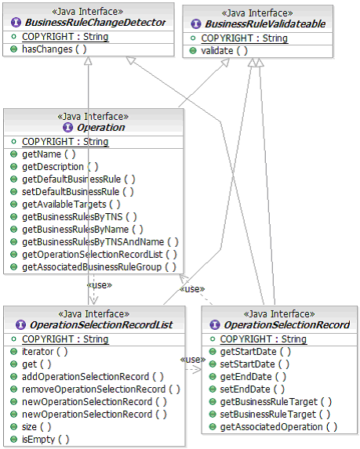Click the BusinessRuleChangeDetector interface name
(x=95, y=23)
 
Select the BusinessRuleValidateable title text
(x=265, y=24)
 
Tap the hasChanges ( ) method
(x=54, y=49)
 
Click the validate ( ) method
(x=224, y=51)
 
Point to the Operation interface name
(x=100, y=128)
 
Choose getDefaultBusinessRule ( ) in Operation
(x=78, y=179)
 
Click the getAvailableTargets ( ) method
(x=71, y=205)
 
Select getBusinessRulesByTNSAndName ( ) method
(x=100, y=242)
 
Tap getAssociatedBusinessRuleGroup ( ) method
(x=99, y=267)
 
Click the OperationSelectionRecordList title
(x=101, y=325)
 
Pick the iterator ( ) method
(x=45, y=352)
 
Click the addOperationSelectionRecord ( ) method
(x=93, y=377)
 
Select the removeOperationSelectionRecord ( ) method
(x=101, y=389)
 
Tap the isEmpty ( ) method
(x=45, y=440)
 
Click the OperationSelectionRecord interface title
(x=286, y=325)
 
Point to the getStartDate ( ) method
(x=256, y=352)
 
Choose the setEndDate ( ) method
(x=252, y=389)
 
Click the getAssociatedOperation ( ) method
(x=278, y=427)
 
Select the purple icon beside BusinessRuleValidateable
(x=196, y=24)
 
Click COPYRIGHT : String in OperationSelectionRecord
(x=263, y=339)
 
